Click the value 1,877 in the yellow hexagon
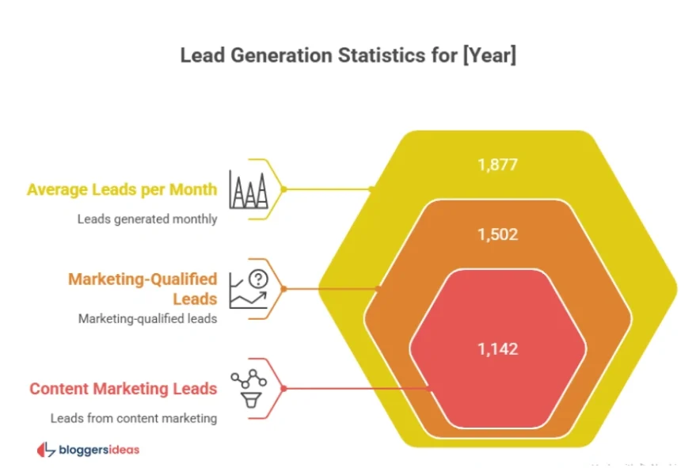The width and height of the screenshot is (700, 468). [x=497, y=165]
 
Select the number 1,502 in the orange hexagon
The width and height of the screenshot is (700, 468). [x=497, y=235]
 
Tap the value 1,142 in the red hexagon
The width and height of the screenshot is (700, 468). [x=497, y=348]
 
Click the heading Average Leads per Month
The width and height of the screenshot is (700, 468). [x=121, y=189]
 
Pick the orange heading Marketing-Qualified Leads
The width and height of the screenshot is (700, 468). [x=143, y=288]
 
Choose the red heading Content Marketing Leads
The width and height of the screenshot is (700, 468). [x=123, y=388]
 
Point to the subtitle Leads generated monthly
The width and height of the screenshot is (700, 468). [x=146, y=219]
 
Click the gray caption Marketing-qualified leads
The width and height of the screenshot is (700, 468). [x=147, y=318]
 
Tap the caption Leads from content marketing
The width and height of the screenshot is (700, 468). [x=133, y=417]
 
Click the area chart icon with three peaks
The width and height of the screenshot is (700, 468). [x=248, y=189]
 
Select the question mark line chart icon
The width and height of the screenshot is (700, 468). [x=249, y=289]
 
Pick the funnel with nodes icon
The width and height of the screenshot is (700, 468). [x=248, y=388]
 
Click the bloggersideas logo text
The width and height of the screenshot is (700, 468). [x=99, y=450]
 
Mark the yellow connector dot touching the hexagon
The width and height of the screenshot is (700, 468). [x=371, y=189]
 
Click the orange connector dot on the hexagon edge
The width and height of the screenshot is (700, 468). [x=379, y=289]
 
